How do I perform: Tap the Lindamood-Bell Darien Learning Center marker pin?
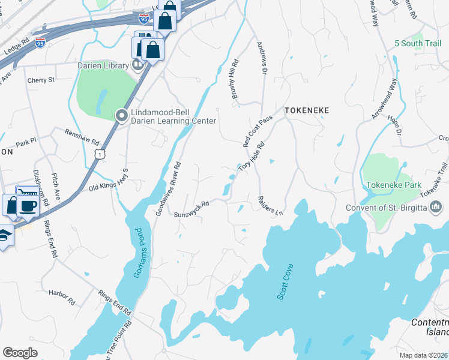click(122, 114)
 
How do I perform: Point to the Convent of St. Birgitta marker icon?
click(436, 208)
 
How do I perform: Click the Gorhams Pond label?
click(137, 253)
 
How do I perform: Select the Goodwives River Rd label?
click(167, 188)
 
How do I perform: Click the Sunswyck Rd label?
click(191, 209)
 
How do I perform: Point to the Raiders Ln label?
click(270, 205)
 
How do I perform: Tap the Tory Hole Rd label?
click(252, 157)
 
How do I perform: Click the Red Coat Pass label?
click(258, 131)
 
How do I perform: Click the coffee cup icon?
click(28, 206)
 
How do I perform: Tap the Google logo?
click(20, 352)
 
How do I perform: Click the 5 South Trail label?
click(418, 43)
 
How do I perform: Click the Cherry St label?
click(41, 79)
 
